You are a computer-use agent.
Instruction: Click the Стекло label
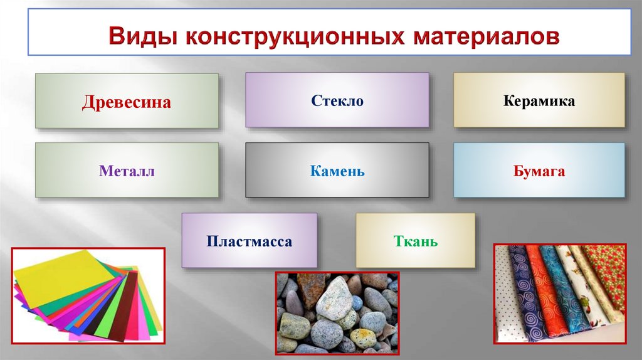pos(337,101)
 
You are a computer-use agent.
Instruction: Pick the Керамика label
pos(539,101)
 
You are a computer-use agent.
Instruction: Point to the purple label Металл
pos(126,171)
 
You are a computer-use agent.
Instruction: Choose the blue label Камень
pos(337,171)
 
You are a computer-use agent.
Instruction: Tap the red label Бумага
pos(539,171)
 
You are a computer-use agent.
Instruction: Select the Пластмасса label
pos(250,241)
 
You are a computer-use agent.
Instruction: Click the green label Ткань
pos(415,241)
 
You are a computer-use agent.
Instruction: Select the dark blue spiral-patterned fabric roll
pos(522,295)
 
